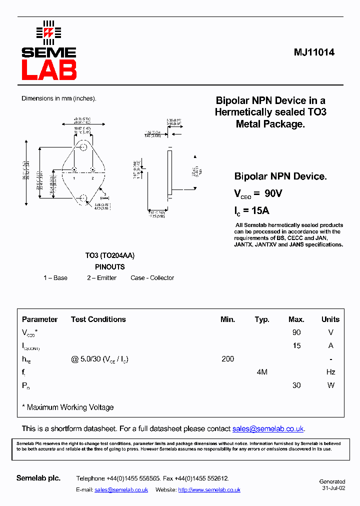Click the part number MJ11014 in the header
coord(314,52)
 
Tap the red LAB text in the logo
coord(49,70)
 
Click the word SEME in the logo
coord(49,52)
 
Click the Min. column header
coord(227,319)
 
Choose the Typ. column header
coord(262,319)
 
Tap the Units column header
coord(330,319)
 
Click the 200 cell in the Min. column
coord(227,359)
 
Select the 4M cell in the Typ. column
coord(262,372)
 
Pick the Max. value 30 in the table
coord(296,385)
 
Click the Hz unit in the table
coord(330,372)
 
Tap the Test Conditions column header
coord(98,319)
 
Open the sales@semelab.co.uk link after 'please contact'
coord(268,429)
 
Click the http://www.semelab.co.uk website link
coord(209,490)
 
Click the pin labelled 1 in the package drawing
coord(74,169)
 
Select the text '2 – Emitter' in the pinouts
coord(101,278)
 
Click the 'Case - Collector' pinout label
coord(152,278)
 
